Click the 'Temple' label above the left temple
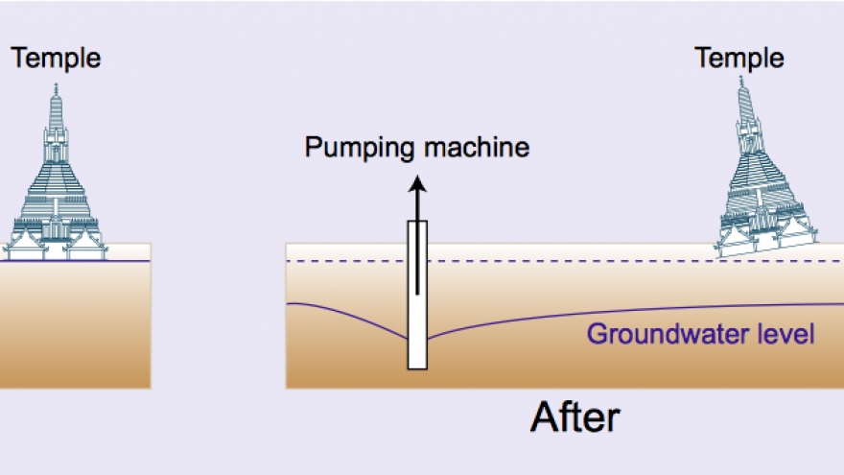56,59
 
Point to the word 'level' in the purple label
784,335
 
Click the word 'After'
574,419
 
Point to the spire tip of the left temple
56,86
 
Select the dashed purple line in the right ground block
575,261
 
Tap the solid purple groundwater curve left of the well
345,312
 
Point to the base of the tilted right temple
766,251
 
